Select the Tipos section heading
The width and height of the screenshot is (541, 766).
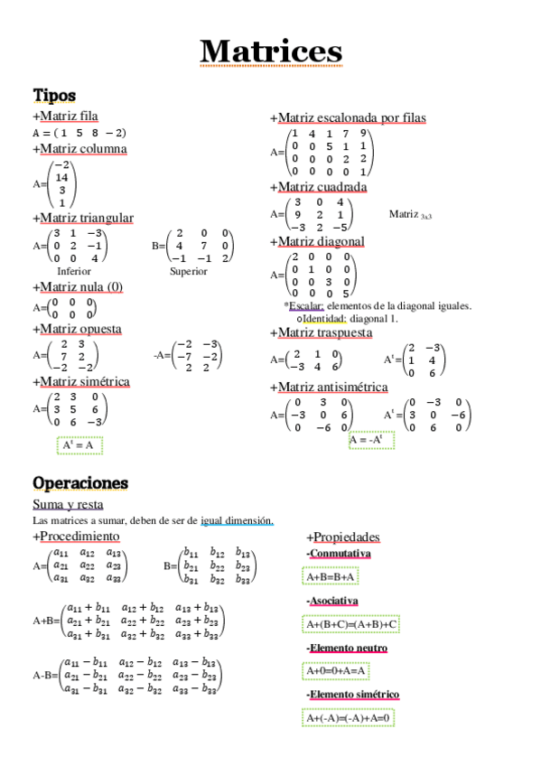click(54, 95)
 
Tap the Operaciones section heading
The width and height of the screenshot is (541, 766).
click(80, 482)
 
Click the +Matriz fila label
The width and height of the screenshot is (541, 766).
click(65, 116)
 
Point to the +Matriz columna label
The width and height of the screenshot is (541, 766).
click(79, 148)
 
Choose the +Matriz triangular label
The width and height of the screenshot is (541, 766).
click(83, 218)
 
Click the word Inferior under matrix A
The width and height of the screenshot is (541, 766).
click(74, 271)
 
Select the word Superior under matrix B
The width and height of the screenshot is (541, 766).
click(188, 271)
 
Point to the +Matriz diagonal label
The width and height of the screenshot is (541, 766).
click(317, 241)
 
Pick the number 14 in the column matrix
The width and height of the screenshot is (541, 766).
click(61, 178)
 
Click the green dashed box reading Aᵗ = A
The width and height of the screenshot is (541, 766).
click(79, 445)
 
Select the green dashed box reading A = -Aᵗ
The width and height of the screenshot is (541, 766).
click(372, 440)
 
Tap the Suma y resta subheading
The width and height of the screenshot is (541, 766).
click(68, 504)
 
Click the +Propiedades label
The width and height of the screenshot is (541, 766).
click(343, 537)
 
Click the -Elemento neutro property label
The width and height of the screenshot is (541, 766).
click(348, 648)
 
